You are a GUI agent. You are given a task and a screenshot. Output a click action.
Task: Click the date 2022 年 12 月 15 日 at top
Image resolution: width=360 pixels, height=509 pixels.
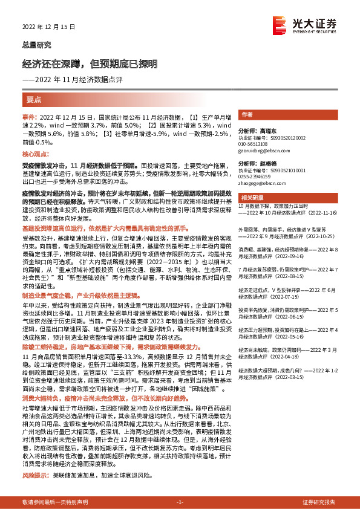pos(43,27)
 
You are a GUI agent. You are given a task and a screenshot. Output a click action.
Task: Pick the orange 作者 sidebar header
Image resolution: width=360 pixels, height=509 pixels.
pos(247,114)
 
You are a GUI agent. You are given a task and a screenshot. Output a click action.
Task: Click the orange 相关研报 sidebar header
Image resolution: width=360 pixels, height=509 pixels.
pos(251,198)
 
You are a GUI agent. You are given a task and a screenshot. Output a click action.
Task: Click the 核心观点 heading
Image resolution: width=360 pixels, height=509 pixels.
pos(37,155)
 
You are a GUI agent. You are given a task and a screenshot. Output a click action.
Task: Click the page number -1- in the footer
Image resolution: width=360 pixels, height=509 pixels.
pos(180,502)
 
